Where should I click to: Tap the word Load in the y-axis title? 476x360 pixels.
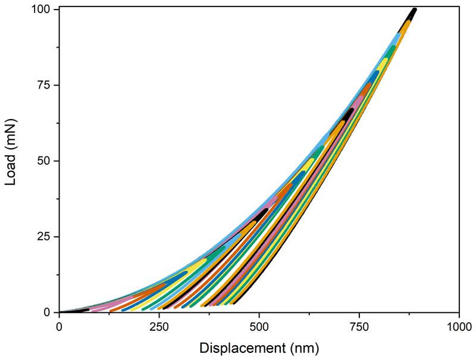click(11, 172)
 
